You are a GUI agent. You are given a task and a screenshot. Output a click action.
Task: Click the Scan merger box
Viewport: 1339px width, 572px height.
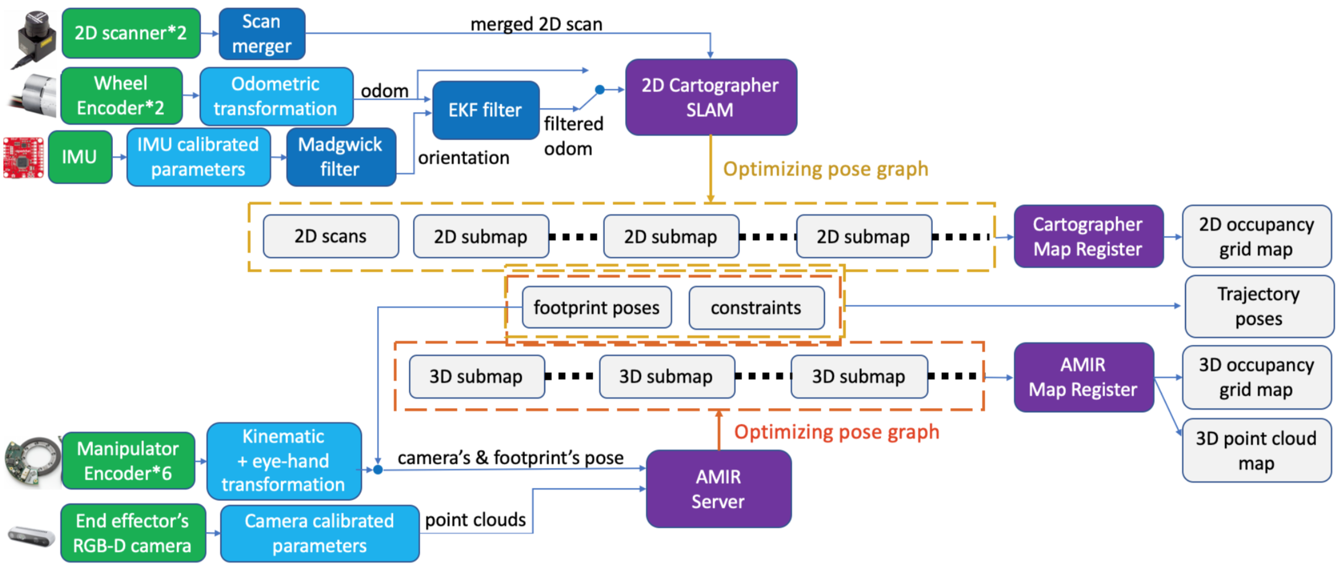coord(262,34)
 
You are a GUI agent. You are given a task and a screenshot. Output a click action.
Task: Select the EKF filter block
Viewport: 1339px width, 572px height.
coord(485,110)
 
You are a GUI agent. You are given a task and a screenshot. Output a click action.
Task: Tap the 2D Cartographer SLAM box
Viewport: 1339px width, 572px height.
coord(710,97)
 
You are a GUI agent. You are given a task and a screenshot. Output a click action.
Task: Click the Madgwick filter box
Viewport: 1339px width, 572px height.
coord(340,157)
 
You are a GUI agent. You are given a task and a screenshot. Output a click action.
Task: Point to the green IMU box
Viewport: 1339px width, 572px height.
coord(80,157)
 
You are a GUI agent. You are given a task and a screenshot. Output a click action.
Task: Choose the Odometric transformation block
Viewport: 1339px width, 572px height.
coord(276,96)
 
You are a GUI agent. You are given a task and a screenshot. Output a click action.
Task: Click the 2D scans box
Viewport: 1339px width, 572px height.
coord(330,236)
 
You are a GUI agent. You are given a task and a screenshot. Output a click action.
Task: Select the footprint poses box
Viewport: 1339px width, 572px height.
coord(596,307)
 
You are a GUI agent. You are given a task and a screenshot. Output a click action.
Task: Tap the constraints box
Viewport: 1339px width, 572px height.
coord(756,307)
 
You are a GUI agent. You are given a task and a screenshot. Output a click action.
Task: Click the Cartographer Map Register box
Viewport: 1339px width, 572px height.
coord(1087,237)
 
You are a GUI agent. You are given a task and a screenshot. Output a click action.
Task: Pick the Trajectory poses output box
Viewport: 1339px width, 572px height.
coord(1258,307)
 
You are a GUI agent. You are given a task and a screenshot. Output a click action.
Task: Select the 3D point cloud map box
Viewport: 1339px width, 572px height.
coord(1256,450)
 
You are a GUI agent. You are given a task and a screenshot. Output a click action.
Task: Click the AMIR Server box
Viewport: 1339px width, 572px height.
coord(718,489)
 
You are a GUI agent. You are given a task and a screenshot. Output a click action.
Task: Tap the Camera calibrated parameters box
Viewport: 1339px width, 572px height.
coord(319,533)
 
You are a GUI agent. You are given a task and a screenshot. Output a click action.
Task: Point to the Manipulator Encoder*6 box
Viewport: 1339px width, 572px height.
coord(128,461)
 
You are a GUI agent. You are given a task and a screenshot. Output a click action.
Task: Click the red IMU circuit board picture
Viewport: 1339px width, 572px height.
coord(24,157)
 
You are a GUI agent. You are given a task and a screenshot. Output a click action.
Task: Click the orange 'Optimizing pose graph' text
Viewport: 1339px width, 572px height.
coord(836,432)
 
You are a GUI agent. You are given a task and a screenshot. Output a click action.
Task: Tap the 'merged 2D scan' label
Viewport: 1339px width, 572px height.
coord(536,24)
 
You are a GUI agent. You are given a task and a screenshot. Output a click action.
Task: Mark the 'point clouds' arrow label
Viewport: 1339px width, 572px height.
coord(475,520)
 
